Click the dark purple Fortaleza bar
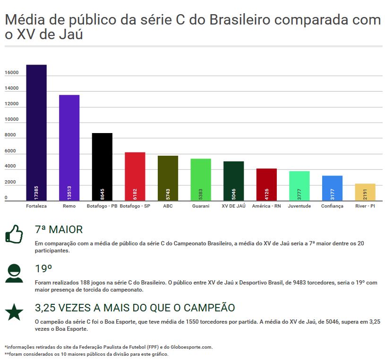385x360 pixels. coord(36,132)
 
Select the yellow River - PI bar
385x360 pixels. coord(365,192)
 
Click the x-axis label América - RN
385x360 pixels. coord(266,206)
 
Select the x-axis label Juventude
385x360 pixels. coord(299,206)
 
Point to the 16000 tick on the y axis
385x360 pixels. coord(12,73)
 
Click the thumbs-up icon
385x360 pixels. coord(14,234)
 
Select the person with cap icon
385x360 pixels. coord(14,273)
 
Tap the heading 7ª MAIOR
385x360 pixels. coord(59,230)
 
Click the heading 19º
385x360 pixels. coord(43,269)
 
